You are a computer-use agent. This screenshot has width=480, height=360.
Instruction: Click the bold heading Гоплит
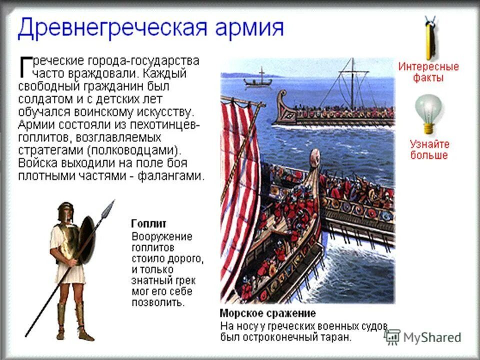(148, 223)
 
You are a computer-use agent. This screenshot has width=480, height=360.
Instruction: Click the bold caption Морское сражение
(267, 313)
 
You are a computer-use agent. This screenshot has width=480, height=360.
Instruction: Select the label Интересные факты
(428, 72)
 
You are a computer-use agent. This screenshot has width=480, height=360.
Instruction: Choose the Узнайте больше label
(429, 149)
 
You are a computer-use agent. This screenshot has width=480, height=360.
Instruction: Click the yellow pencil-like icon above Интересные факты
(429, 38)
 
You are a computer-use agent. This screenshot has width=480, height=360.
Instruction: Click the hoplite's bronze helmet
(65, 212)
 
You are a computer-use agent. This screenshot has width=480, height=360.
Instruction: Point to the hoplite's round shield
(86, 239)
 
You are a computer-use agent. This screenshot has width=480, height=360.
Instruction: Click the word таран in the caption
(337, 337)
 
